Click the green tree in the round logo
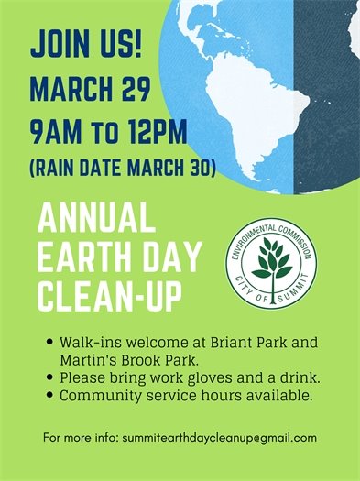point(272,260)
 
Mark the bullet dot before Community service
point(49,396)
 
